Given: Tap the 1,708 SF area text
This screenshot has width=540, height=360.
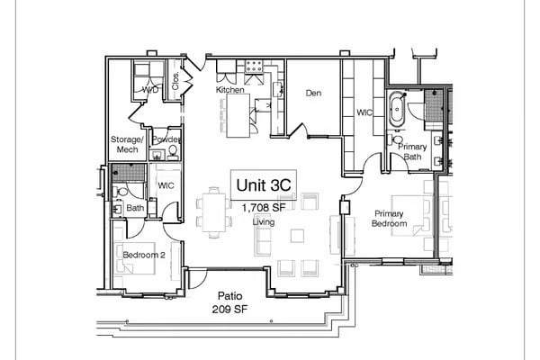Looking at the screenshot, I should coord(263,208).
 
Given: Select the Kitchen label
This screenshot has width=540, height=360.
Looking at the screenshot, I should coord(230,90).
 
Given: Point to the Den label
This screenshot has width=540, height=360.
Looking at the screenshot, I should coord(313,93).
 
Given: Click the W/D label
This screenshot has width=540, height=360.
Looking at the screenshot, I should coord(150,91).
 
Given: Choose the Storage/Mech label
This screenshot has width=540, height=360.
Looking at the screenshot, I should coord(127,145).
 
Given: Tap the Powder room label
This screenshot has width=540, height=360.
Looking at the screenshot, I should coord(166,139).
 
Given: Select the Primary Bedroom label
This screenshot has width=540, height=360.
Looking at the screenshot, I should coord(391,219).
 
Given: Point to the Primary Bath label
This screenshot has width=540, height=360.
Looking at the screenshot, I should coord(412,152).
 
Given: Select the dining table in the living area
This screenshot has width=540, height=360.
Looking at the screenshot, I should coord(214,211).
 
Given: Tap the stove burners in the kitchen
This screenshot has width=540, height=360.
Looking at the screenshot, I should coord(254,67).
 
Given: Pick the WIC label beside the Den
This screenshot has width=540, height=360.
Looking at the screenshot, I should coord(364,113).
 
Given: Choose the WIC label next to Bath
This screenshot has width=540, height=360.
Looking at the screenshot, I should coord(166,185).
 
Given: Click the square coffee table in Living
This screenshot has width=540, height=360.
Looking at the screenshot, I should coord(298,235).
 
